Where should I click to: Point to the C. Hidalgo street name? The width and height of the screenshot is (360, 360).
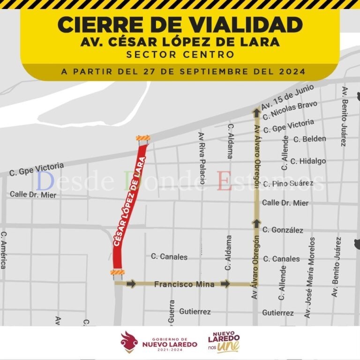pos(308,161)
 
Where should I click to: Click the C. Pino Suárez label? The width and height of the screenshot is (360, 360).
pos(288,183)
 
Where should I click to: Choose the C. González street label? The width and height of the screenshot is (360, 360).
pos(283,230)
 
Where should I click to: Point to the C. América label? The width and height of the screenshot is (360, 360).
pos(4,250)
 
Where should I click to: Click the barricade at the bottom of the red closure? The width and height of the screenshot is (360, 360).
pos(117,273)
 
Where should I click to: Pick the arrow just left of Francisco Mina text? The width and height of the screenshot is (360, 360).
pos(131,284)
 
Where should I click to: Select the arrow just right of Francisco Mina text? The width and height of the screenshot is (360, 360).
pos(226,284)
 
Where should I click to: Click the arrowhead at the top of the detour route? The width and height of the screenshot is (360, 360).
pos(256,112)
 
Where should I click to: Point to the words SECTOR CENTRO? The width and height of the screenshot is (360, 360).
pos(180,54)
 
